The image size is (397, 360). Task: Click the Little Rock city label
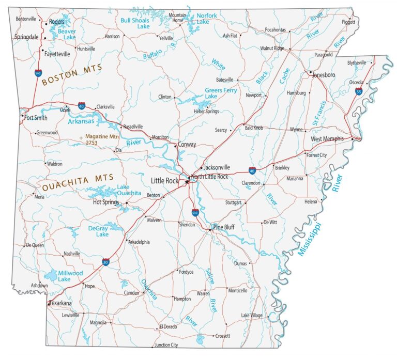(164, 181)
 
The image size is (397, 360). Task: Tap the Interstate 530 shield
(195, 212)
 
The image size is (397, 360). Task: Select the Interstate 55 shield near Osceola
(359, 91)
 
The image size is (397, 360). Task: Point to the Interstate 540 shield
(38, 73)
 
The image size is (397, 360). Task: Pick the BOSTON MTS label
(72, 75)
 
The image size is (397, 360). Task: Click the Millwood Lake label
(70, 276)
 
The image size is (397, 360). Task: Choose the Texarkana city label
(60, 303)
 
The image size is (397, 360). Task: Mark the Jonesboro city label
(324, 75)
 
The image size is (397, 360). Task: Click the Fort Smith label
(36, 118)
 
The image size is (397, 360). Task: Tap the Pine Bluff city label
(224, 227)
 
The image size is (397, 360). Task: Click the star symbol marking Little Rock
(187, 181)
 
